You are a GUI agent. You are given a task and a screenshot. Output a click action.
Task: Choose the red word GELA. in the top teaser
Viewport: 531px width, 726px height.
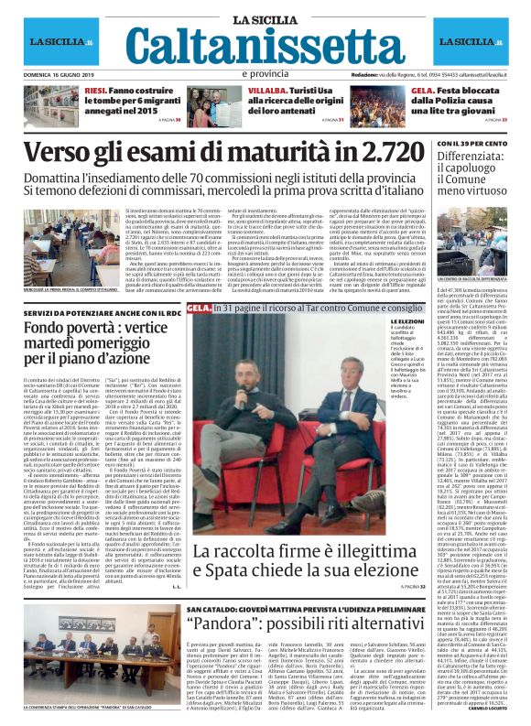point(422,90)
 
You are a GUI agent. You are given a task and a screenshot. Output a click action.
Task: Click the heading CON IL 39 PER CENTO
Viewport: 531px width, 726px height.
point(471,144)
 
